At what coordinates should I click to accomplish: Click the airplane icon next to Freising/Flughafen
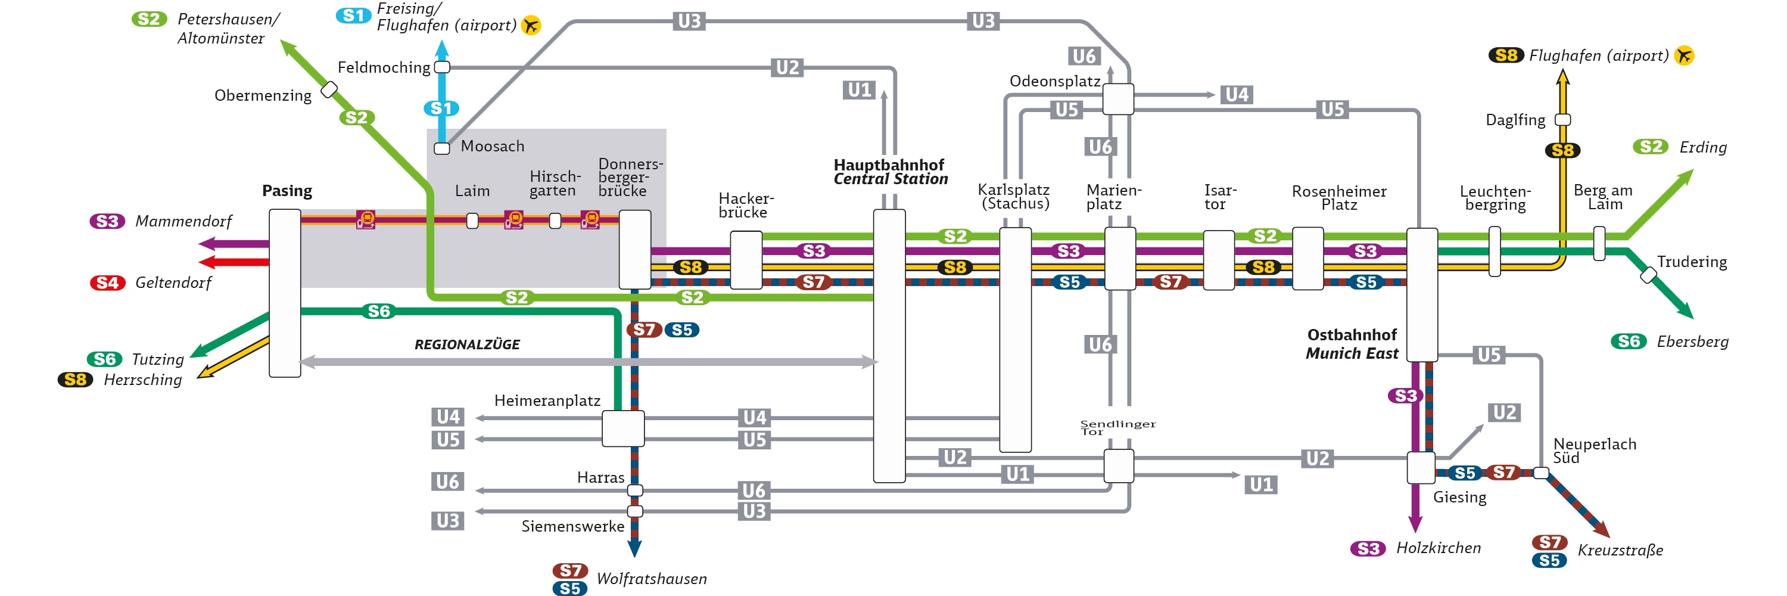click(x=531, y=26)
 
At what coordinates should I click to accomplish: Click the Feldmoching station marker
click(x=442, y=67)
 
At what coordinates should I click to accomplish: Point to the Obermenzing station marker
click(x=329, y=89)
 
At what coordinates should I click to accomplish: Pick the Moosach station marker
click(x=442, y=148)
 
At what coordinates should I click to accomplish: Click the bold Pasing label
click(x=287, y=191)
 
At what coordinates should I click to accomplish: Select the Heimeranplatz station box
click(x=623, y=428)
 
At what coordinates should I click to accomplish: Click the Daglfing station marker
click(x=1562, y=120)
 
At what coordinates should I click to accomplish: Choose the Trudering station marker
click(x=1648, y=275)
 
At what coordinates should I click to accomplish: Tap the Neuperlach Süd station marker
click(x=1541, y=473)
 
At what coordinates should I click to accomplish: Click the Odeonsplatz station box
click(x=1117, y=99)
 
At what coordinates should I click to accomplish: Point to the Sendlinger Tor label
click(x=1117, y=427)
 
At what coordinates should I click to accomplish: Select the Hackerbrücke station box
click(x=746, y=260)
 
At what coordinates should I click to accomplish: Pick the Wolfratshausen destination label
click(x=652, y=579)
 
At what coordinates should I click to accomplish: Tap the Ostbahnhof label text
click(x=1352, y=335)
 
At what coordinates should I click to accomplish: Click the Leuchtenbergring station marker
click(x=1495, y=251)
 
